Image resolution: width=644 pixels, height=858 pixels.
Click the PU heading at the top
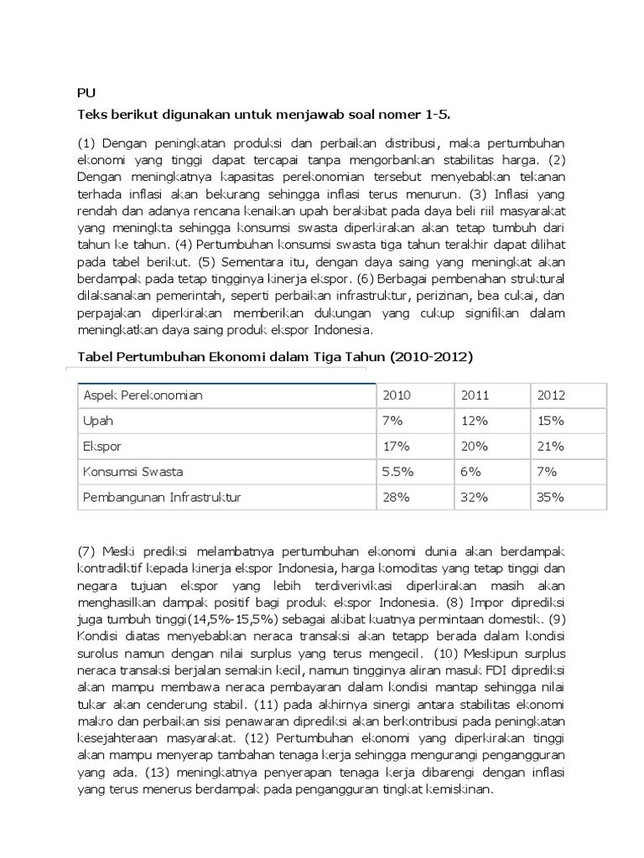click(86, 94)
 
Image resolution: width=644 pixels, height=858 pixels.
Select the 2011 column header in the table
click(475, 395)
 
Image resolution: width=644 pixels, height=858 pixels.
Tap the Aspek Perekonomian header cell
click(143, 395)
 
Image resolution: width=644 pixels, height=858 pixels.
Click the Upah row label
click(97, 420)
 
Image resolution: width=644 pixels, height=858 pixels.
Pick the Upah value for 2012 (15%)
click(550, 420)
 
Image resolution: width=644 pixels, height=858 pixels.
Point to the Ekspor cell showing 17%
click(396, 446)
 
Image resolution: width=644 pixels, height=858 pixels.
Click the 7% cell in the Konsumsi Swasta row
click(545, 472)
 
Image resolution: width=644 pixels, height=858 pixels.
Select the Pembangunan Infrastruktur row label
click(162, 497)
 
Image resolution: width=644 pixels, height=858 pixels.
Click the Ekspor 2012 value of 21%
click(550, 446)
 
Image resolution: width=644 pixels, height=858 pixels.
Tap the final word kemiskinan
click(459, 790)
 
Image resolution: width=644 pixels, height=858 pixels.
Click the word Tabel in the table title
click(96, 357)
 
